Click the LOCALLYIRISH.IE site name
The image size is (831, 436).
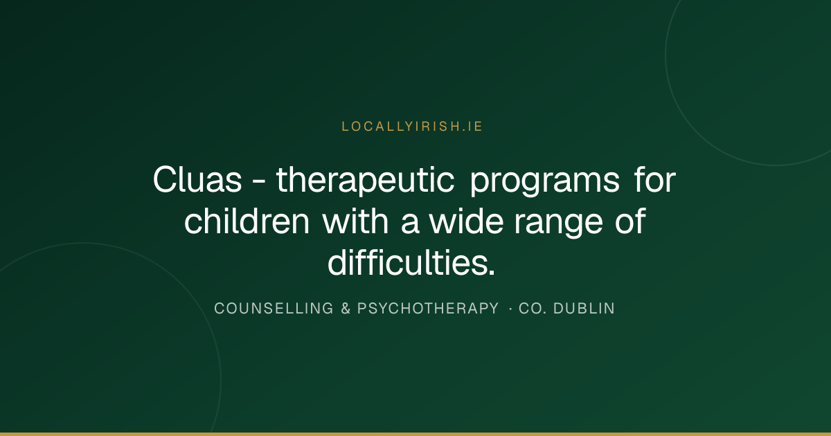tap(412, 127)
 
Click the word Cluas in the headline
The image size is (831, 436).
tap(197, 180)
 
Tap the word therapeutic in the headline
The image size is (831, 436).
tap(365, 180)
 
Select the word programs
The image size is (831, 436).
tap(544, 181)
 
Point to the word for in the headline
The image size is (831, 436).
tap(655, 179)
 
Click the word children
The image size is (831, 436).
tap(247, 221)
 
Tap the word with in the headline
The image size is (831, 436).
tap(355, 221)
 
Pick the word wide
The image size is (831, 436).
tap(466, 221)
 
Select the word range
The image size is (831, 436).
tap(558, 223)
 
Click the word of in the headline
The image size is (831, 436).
tap(630, 221)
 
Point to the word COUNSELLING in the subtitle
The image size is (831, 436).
tap(274, 309)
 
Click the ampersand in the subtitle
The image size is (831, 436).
tap(346, 309)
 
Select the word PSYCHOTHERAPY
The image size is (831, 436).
tap(428, 309)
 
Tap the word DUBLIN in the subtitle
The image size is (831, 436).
tap(584, 309)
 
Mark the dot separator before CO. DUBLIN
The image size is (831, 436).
tap(511, 309)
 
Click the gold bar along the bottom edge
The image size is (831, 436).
tap(415, 434)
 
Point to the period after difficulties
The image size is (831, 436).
tap(492, 273)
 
